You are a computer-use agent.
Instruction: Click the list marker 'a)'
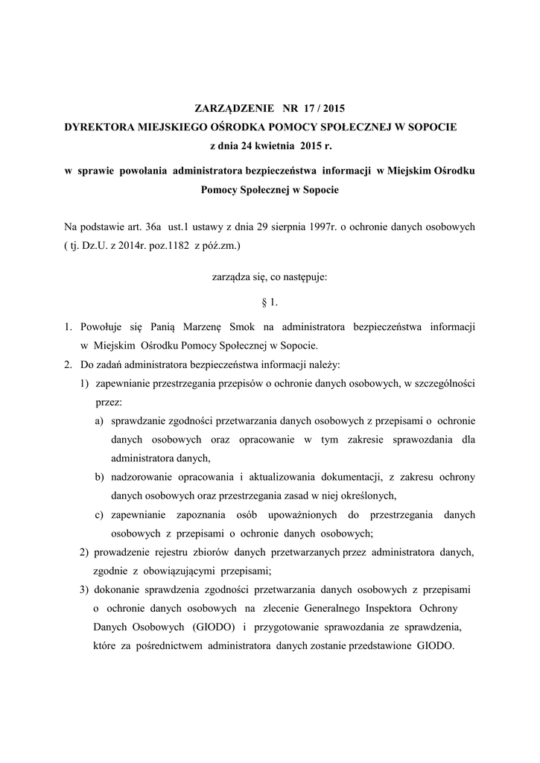98,420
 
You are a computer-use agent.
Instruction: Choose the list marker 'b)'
99,477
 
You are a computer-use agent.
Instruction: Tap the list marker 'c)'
98,514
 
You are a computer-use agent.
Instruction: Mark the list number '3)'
84,589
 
